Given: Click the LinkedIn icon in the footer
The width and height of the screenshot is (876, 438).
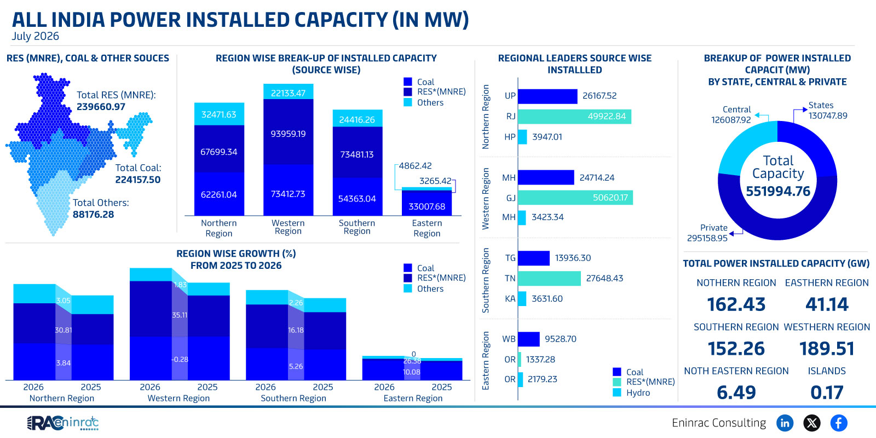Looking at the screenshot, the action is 785,423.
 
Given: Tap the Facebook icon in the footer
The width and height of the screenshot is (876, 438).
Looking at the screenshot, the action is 839,423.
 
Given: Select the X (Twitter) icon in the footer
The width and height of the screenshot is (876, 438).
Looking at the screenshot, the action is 812,423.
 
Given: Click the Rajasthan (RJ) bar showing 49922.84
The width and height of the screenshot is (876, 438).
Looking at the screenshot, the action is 574,117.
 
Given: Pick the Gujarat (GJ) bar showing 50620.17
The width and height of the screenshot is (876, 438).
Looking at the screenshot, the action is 575,198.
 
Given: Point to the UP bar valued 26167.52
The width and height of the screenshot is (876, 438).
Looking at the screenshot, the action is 547,96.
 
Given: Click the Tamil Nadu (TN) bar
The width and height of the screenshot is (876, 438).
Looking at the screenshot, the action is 550,279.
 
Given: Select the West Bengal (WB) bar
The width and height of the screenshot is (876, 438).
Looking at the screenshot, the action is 529,339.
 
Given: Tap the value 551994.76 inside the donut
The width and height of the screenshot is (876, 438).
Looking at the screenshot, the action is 778,191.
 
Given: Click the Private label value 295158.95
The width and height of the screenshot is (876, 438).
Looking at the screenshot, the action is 707,238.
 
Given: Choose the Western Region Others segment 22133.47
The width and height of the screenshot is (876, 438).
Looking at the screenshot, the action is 288,91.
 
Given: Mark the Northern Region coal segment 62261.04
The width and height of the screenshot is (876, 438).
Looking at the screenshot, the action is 219,194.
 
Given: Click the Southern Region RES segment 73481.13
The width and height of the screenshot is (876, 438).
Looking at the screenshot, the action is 358,153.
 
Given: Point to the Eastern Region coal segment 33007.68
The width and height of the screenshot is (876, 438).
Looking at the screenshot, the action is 427,203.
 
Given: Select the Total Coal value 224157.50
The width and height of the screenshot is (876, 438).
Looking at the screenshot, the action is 137,180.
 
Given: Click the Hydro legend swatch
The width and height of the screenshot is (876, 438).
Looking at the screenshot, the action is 616,392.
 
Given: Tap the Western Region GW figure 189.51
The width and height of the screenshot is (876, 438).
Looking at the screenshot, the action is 827,348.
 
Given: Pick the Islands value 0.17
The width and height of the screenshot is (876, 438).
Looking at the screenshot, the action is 827,393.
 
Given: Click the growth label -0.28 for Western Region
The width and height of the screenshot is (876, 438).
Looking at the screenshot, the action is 180,359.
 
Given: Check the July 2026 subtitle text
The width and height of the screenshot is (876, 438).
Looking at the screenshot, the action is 35,36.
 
